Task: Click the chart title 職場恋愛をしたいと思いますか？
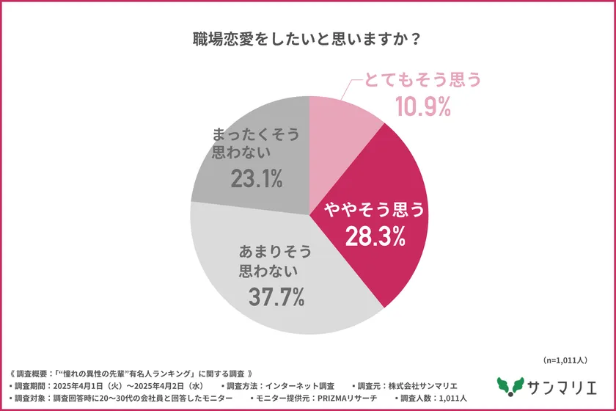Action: click(307, 40)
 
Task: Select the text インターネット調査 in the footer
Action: click(301, 385)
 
